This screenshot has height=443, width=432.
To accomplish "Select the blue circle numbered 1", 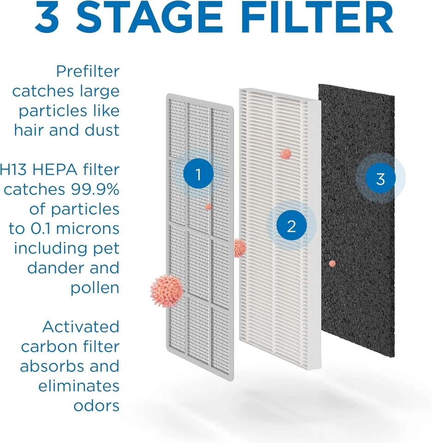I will tap(198, 175).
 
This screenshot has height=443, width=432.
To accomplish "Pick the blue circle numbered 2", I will tap(291, 226).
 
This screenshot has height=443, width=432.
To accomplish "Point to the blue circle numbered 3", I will tap(380, 179).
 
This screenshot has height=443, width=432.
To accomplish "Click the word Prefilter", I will tap(88, 72).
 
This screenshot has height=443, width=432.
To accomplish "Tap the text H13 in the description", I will tap(14, 170).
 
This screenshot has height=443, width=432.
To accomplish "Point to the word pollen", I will tap(95, 287).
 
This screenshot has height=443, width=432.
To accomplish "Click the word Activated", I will tap(81, 327).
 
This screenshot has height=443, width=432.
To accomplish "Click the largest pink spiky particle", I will tap(167, 291).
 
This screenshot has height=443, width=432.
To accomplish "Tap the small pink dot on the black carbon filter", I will tap(332, 263).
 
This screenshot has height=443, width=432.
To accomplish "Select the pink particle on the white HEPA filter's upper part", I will tap(286, 154).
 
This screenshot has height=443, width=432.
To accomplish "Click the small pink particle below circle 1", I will tap(208, 206).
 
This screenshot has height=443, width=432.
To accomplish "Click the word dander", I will tap(50, 268).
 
